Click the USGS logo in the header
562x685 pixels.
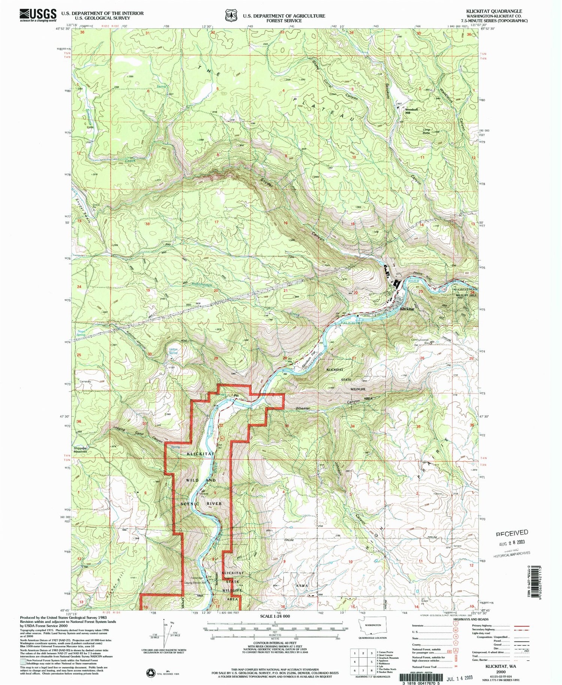pos(37,15)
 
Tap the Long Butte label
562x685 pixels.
pos(426,131)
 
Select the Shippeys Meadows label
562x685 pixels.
pos(80,450)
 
